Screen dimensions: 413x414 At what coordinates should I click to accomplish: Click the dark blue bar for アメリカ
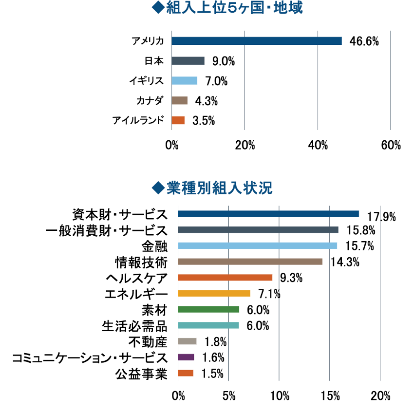click(x=257, y=41)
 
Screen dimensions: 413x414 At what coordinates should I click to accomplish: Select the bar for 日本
click(x=188, y=61)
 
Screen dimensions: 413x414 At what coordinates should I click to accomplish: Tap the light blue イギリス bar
click(x=185, y=81)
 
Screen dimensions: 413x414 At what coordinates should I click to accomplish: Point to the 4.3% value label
click(x=206, y=101)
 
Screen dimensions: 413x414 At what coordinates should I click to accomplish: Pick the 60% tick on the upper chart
click(x=391, y=146)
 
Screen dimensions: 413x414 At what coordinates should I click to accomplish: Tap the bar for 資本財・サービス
click(x=268, y=214)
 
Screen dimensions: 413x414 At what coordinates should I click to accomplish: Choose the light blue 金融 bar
click(x=258, y=245)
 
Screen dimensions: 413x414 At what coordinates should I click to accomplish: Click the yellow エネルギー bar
click(x=214, y=293)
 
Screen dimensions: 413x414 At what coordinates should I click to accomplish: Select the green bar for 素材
click(x=209, y=309)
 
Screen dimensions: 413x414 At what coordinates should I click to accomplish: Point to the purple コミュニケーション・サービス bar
click(x=186, y=357)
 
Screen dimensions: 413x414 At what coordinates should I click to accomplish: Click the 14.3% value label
click(x=345, y=262)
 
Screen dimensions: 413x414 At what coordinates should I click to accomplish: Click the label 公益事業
click(x=141, y=374)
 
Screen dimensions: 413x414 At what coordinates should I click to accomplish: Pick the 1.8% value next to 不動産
click(x=212, y=342)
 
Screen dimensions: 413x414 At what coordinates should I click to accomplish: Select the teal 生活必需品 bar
click(x=208, y=325)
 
